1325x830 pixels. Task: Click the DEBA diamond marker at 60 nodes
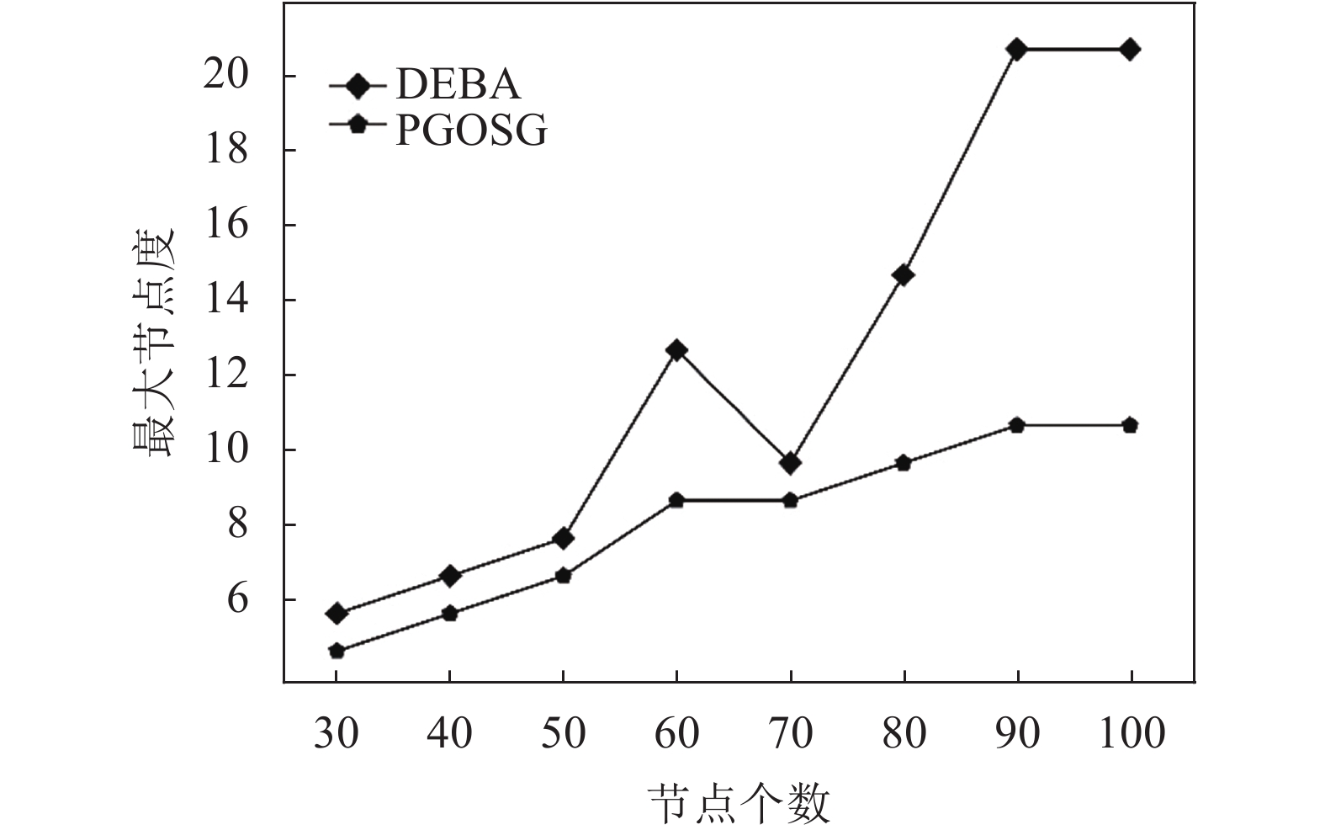[676, 350]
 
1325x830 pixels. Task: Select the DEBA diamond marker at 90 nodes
[1016, 49]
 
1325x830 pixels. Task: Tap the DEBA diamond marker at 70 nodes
[790, 462]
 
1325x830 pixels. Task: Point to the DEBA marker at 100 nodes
[1130, 49]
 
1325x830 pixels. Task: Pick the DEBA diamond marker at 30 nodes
[337, 613]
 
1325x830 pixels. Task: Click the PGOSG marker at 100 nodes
[1130, 425]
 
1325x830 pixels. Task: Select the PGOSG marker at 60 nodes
[676, 500]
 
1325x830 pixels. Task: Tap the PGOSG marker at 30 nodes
[337, 651]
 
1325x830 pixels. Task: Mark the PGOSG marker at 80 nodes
[904, 462]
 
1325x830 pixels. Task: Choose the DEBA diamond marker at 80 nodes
[904, 275]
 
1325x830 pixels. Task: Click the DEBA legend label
[458, 84]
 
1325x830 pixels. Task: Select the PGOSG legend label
[471, 130]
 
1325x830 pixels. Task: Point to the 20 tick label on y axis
[226, 76]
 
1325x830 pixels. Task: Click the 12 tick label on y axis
[226, 375]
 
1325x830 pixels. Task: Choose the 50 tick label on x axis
[563, 733]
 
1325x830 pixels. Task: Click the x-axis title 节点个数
[739, 803]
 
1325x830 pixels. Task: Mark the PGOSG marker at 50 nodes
[563, 576]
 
